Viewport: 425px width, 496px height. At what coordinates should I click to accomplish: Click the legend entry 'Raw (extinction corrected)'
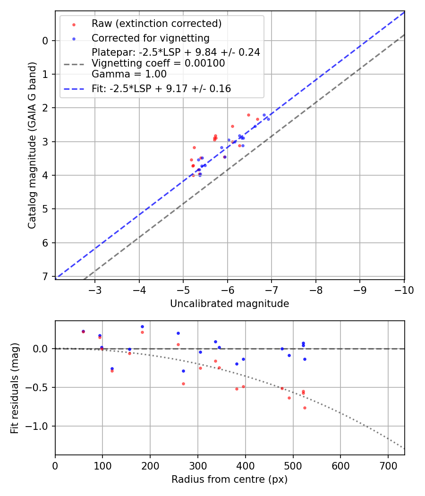coord(156,24)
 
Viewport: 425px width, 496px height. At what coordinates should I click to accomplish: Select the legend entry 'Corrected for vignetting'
coord(150,38)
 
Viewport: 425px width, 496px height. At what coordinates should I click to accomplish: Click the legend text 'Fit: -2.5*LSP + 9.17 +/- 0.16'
coord(161,88)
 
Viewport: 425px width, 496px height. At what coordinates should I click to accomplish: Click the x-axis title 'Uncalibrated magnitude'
coord(229,304)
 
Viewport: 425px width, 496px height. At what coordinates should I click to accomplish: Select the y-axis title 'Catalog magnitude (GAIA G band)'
coord(32,144)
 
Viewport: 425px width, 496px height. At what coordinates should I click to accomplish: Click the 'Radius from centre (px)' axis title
coord(229,479)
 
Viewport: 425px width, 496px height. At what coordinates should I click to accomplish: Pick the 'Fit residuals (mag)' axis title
coord(15,388)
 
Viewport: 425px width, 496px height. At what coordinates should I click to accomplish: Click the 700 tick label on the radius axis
coord(388,466)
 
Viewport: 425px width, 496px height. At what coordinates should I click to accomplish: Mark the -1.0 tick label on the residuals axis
coord(40,426)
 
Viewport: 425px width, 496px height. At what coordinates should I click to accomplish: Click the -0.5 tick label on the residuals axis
coord(40,387)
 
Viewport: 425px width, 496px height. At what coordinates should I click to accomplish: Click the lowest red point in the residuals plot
coord(305,408)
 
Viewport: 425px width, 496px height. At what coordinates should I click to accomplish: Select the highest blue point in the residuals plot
coord(142,326)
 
